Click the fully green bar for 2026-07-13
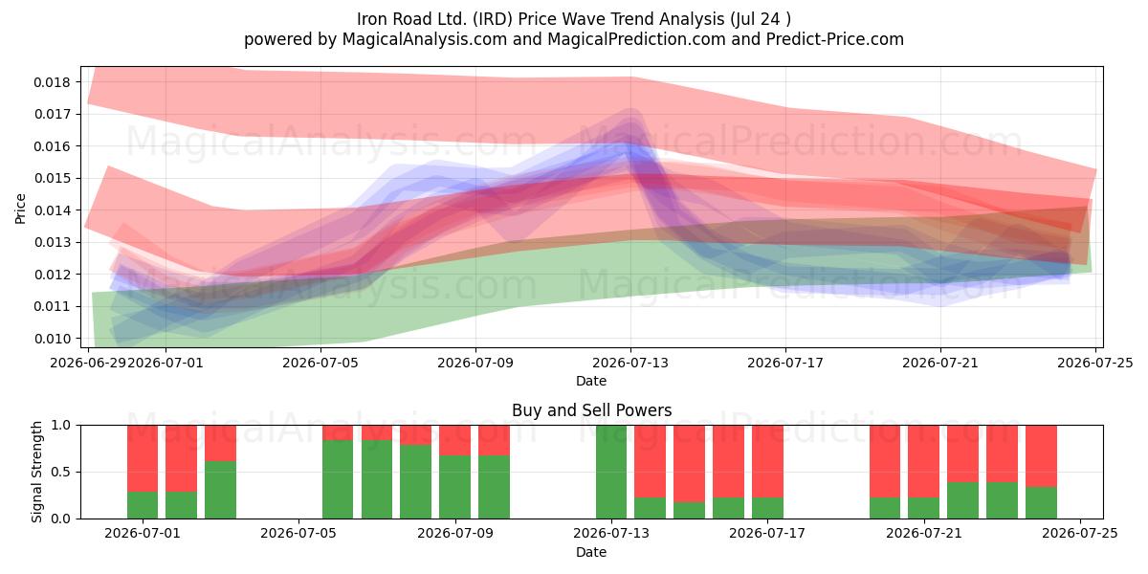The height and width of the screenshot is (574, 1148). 611,472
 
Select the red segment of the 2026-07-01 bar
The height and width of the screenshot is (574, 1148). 143,458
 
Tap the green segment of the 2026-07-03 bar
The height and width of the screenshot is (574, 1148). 220,490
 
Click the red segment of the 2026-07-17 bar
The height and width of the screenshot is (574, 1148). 767,461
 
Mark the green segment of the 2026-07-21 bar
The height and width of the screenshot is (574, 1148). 923,508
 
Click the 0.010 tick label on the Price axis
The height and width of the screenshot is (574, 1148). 53,339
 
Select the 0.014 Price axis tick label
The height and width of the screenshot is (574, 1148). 53,210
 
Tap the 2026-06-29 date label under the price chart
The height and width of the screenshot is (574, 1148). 88,363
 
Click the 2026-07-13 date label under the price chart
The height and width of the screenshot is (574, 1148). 630,363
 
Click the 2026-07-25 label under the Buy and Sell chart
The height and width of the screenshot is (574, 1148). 1080,534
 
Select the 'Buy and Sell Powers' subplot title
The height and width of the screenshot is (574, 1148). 591,410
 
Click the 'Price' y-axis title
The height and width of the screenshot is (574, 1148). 20,209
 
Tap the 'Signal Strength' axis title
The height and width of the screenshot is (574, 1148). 36,472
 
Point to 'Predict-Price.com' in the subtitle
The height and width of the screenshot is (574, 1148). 835,39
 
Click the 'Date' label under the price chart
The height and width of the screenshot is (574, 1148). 591,381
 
